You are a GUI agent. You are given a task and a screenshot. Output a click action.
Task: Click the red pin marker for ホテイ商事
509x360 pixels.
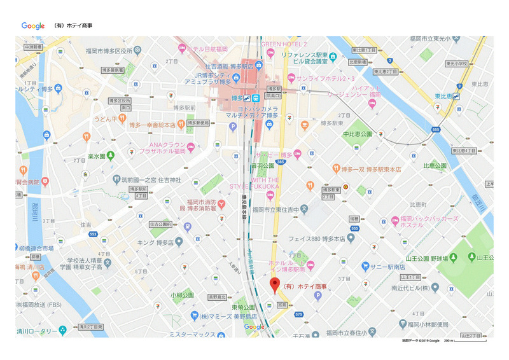[x=275, y=285]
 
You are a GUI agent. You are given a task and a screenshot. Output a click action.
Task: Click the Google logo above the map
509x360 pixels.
[x=33, y=26]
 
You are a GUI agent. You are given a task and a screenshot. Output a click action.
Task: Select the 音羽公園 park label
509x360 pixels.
[x=262, y=165]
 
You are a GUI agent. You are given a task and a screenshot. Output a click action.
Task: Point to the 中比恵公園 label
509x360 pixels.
[x=357, y=134]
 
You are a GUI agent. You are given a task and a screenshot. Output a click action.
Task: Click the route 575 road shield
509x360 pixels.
[x=300, y=314]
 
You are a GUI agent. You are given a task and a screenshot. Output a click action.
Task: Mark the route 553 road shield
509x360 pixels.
[x=93, y=234]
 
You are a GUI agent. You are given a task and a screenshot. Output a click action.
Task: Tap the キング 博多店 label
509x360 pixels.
[x=156, y=242]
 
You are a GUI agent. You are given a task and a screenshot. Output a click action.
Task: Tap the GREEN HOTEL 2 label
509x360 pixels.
[x=284, y=44]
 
